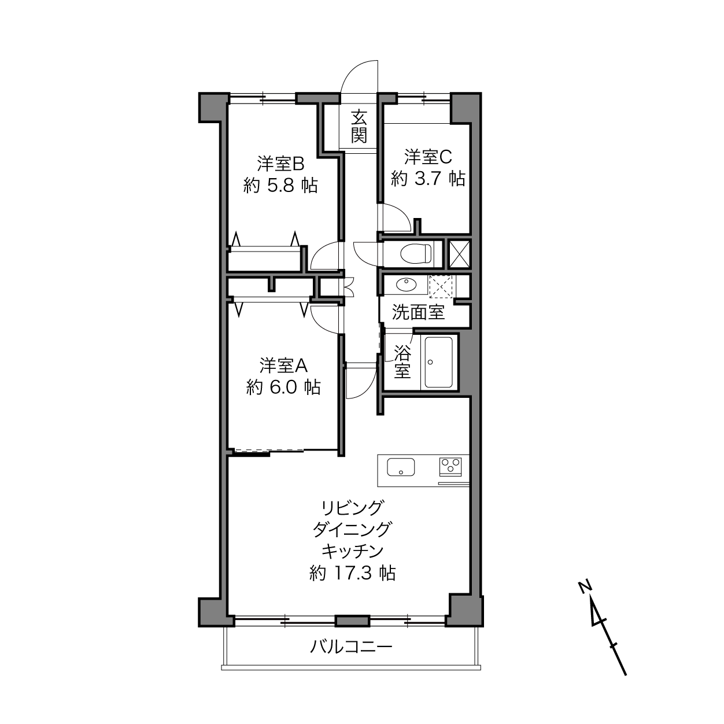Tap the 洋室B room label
click(x=280, y=164)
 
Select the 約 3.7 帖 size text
click(x=428, y=179)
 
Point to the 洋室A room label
click(x=284, y=365)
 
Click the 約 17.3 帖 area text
click(x=352, y=573)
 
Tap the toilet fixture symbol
click(x=416, y=253)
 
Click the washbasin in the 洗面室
click(x=406, y=285)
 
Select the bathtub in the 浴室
click(x=438, y=362)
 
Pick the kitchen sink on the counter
click(x=401, y=467)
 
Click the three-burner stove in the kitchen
click(x=450, y=467)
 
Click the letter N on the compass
click(x=585, y=587)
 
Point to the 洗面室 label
click(x=419, y=312)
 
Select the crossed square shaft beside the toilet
click(x=460, y=253)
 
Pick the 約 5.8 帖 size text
click(x=280, y=185)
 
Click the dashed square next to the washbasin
click(x=441, y=287)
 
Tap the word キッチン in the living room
click(x=352, y=551)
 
